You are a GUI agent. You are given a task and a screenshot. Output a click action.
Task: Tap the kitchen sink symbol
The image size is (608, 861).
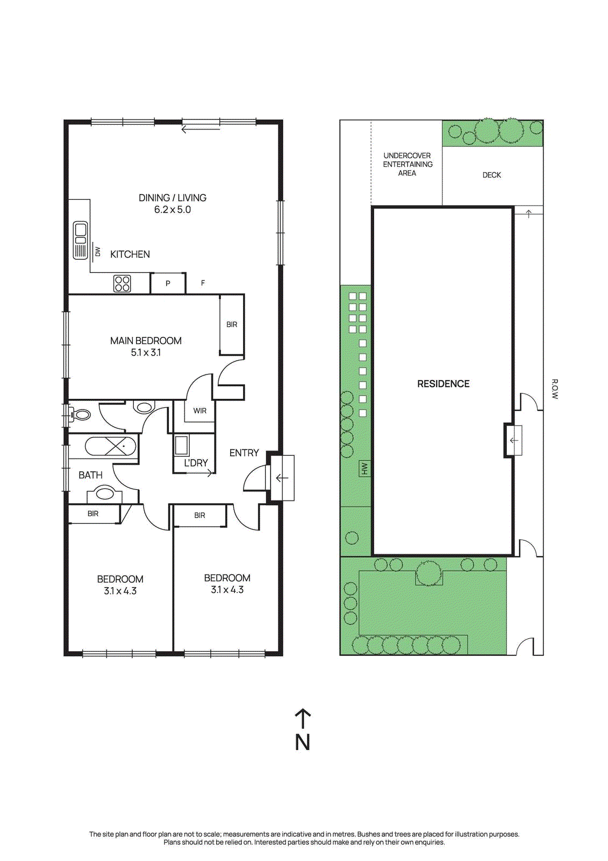click(x=81, y=240)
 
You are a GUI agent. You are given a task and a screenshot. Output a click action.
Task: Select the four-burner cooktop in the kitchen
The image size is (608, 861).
click(x=122, y=284)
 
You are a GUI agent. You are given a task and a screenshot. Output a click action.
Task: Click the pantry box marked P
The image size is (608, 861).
click(x=168, y=283)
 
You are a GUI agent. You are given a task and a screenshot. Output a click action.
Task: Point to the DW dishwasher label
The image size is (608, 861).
click(x=97, y=252)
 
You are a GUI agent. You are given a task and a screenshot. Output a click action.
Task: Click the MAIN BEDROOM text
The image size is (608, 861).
click(x=146, y=341)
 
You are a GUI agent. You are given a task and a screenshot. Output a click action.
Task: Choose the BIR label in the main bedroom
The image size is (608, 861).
click(x=232, y=324)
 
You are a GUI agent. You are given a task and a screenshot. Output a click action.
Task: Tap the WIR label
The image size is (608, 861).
click(x=200, y=411)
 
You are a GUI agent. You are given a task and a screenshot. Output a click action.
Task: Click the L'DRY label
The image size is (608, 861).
click(x=196, y=463)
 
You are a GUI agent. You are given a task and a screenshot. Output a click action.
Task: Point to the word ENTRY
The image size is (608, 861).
click(x=244, y=453)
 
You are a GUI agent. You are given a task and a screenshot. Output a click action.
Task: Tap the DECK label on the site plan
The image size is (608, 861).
click(x=492, y=175)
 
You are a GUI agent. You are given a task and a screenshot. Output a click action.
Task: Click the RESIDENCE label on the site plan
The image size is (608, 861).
click(x=443, y=384)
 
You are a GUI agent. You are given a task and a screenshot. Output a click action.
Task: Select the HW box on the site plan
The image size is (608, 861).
click(x=364, y=468)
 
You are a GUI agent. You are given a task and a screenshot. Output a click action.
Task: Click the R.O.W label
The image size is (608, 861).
click(x=554, y=389)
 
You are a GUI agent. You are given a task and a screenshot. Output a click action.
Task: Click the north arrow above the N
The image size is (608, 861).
click(x=303, y=719)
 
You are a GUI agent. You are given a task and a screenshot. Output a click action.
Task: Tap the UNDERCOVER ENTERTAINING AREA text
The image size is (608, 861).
click(x=407, y=164)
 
